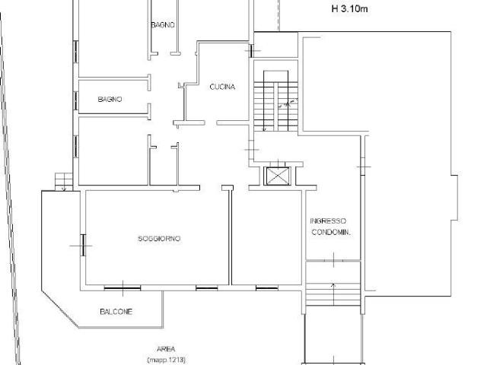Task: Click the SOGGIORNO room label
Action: [x=159, y=238]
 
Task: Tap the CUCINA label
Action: [x=222, y=87]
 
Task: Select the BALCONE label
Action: [x=116, y=311]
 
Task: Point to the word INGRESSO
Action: [x=328, y=221]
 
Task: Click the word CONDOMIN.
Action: [x=331, y=232]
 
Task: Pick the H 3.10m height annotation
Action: [x=350, y=8]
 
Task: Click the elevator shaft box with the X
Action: [x=277, y=176]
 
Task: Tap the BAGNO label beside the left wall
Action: [x=110, y=99]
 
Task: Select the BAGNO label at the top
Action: [x=163, y=24]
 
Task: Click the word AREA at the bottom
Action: [x=166, y=349]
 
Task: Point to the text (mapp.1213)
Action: [x=167, y=360]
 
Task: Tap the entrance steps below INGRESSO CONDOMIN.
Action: [x=333, y=294]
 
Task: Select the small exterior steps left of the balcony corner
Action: [x=64, y=182]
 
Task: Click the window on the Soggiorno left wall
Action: [x=83, y=245]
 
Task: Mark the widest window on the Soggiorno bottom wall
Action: [x=123, y=288]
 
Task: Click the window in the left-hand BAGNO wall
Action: [x=76, y=100]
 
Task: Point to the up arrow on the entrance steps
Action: [x=333, y=294]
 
